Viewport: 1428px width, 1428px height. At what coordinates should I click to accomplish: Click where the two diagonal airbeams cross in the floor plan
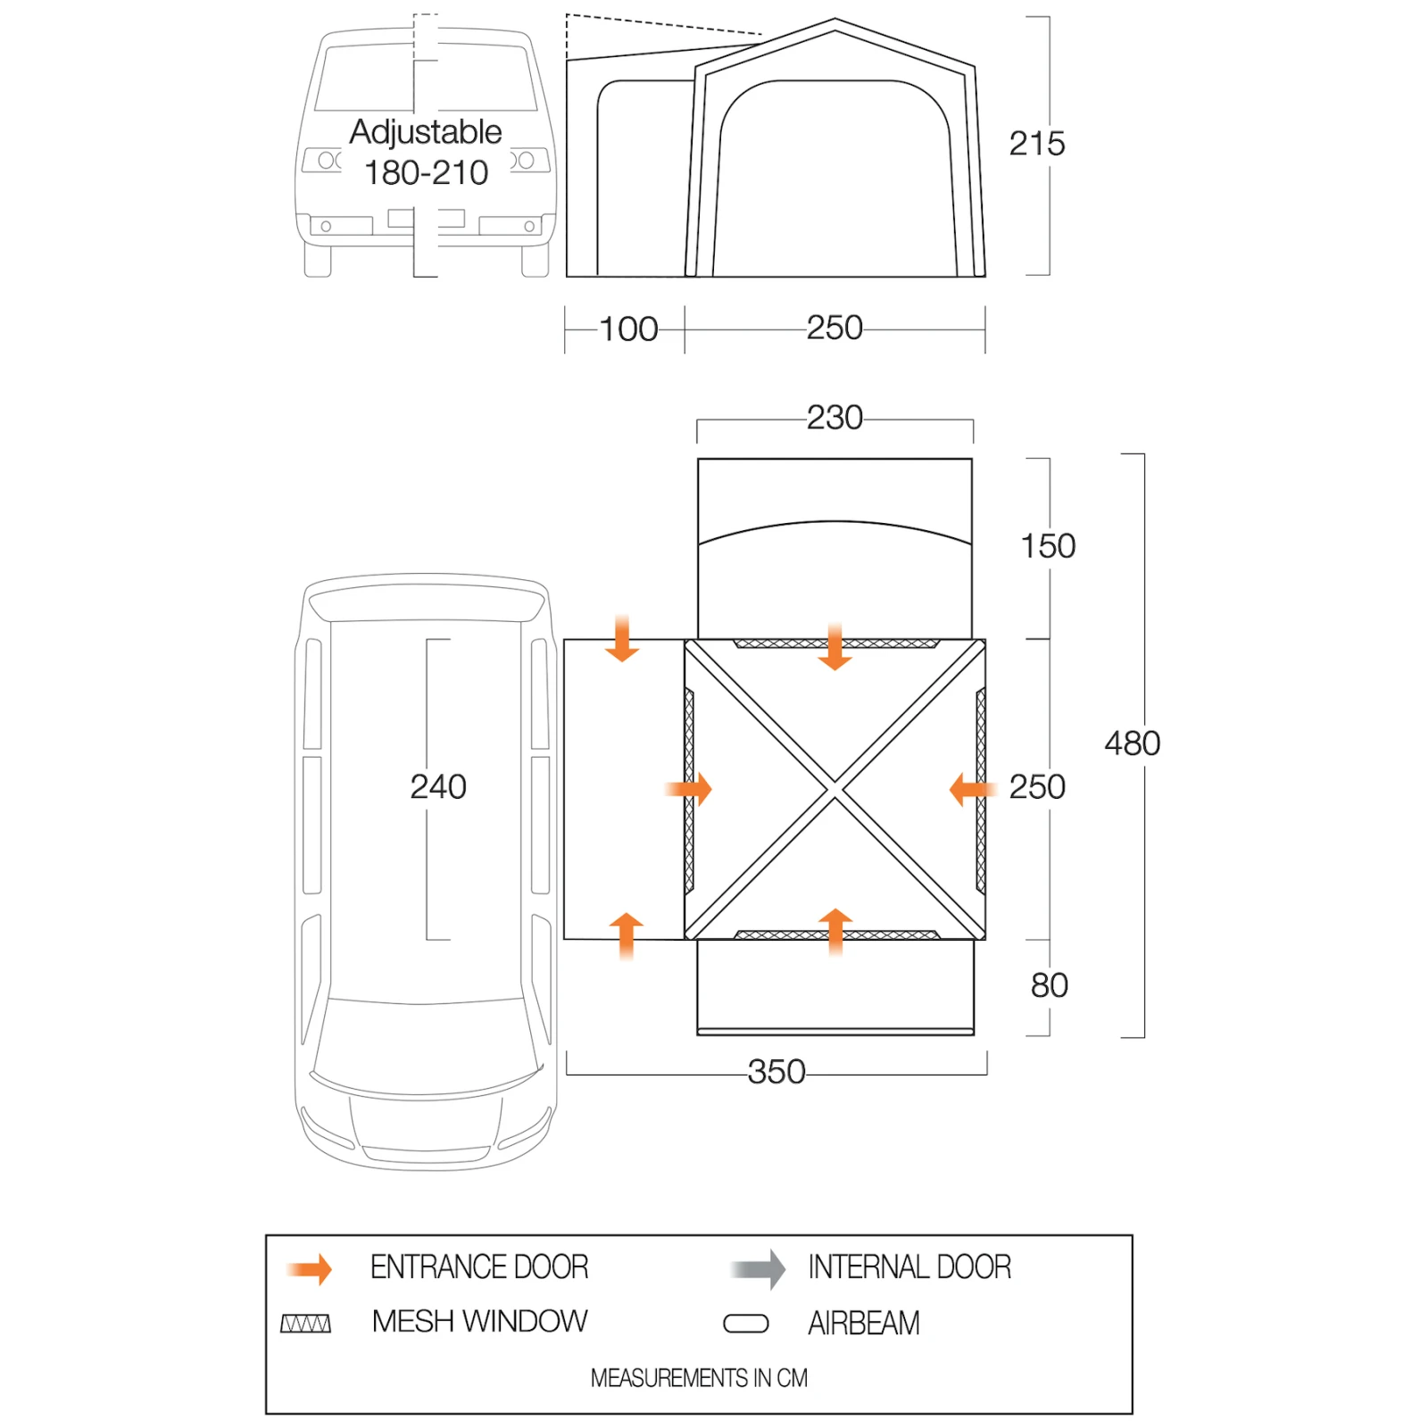click(x=834, y=789)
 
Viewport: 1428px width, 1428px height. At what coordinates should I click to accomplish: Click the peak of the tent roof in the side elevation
click(x=834, y=19)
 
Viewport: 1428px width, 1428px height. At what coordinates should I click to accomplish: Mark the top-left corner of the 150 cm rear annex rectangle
click(x=698, y=459)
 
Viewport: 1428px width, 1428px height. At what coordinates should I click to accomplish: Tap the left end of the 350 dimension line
click(x=567, y=1074)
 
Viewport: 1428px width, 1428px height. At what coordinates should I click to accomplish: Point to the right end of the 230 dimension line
click(x=973, y=419)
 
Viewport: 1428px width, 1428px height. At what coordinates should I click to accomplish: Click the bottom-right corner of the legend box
click(x=1132, y=1413)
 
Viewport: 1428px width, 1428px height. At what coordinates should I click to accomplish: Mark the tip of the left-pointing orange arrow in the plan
click(x=951, y=789)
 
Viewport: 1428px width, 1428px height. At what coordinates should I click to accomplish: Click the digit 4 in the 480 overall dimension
click(x=1114, y=743)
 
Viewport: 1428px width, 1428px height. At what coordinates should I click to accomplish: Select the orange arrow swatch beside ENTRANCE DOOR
click(x=310, y=1268)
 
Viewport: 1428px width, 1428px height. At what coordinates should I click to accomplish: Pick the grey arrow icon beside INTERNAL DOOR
click(x=758, y=1268)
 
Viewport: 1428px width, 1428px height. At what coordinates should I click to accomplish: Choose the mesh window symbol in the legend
click(x=306, y=1324)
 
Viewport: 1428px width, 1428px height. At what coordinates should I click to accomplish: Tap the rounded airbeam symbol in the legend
click(x=746, y=1324)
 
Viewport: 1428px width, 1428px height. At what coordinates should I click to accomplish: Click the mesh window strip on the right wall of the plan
click(x=981, y=790)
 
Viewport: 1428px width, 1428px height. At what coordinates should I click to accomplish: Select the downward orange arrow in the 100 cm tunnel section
click(x=622, y=637)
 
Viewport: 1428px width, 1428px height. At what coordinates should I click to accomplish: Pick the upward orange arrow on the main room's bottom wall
click(x=835, y=932)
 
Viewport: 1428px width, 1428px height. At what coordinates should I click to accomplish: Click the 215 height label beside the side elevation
click(x=1037, y=144)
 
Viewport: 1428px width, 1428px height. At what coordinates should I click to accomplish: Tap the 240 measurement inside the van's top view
click(x=438, y=787)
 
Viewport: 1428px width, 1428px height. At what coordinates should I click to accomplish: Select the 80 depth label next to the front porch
click(x=1050, y=985)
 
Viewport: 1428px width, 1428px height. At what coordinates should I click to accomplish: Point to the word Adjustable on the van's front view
click(x=426, y=132)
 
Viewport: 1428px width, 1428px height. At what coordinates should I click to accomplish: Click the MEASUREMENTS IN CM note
click(x=699, y=1378)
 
